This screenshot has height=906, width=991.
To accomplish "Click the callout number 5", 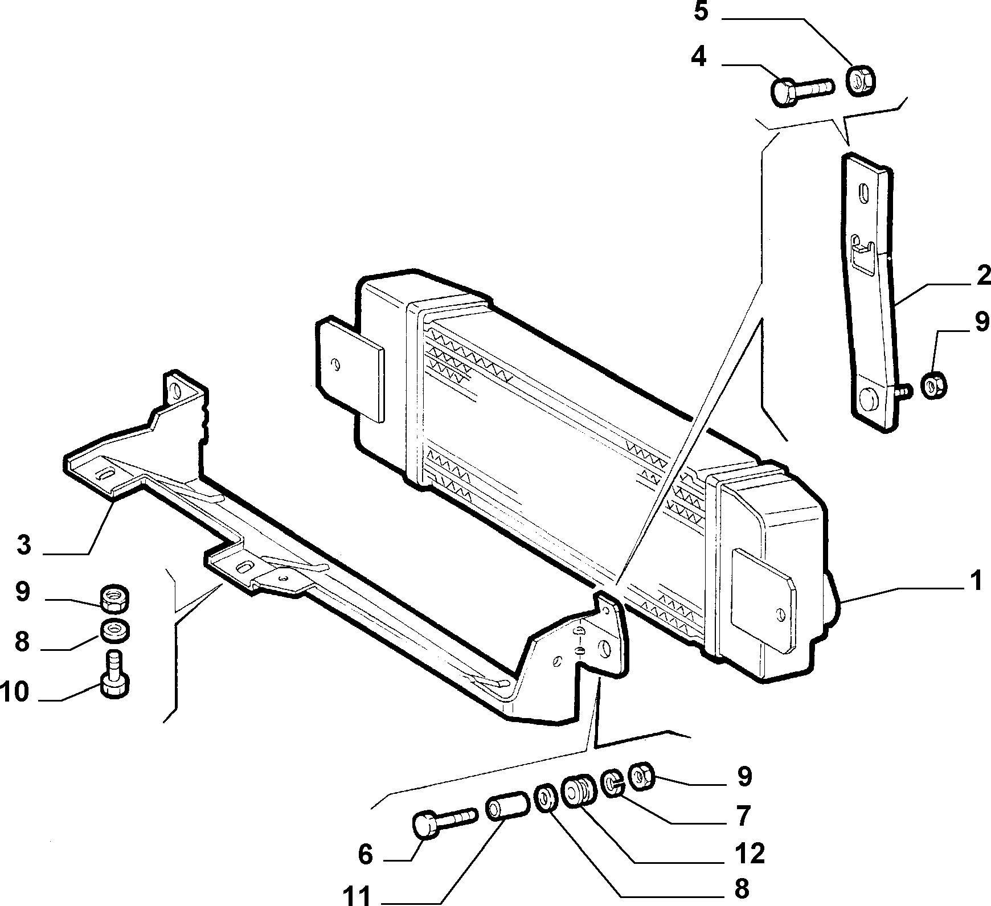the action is pos(701,12).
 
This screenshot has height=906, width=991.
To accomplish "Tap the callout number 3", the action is pos(23,544).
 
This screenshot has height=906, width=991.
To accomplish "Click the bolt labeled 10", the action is pos(114,673).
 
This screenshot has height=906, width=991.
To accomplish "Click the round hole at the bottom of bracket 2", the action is pos(869,398).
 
